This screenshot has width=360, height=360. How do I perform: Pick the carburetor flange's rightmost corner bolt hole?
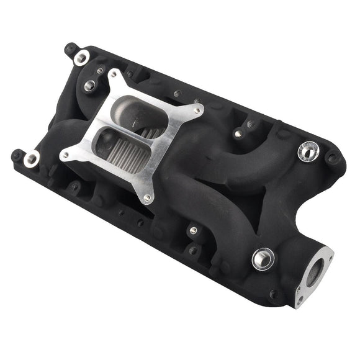197,111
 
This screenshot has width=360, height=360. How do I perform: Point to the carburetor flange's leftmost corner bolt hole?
65,155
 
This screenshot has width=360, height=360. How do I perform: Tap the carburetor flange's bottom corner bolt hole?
147,198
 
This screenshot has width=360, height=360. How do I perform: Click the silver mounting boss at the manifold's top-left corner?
81,58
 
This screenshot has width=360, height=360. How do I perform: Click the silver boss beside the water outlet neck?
263,258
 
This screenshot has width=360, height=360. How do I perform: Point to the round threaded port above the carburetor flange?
91,86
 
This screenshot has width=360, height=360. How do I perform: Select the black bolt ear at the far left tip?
17,155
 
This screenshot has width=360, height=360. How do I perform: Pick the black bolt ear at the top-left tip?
70,48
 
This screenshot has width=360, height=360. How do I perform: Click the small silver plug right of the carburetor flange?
237,133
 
